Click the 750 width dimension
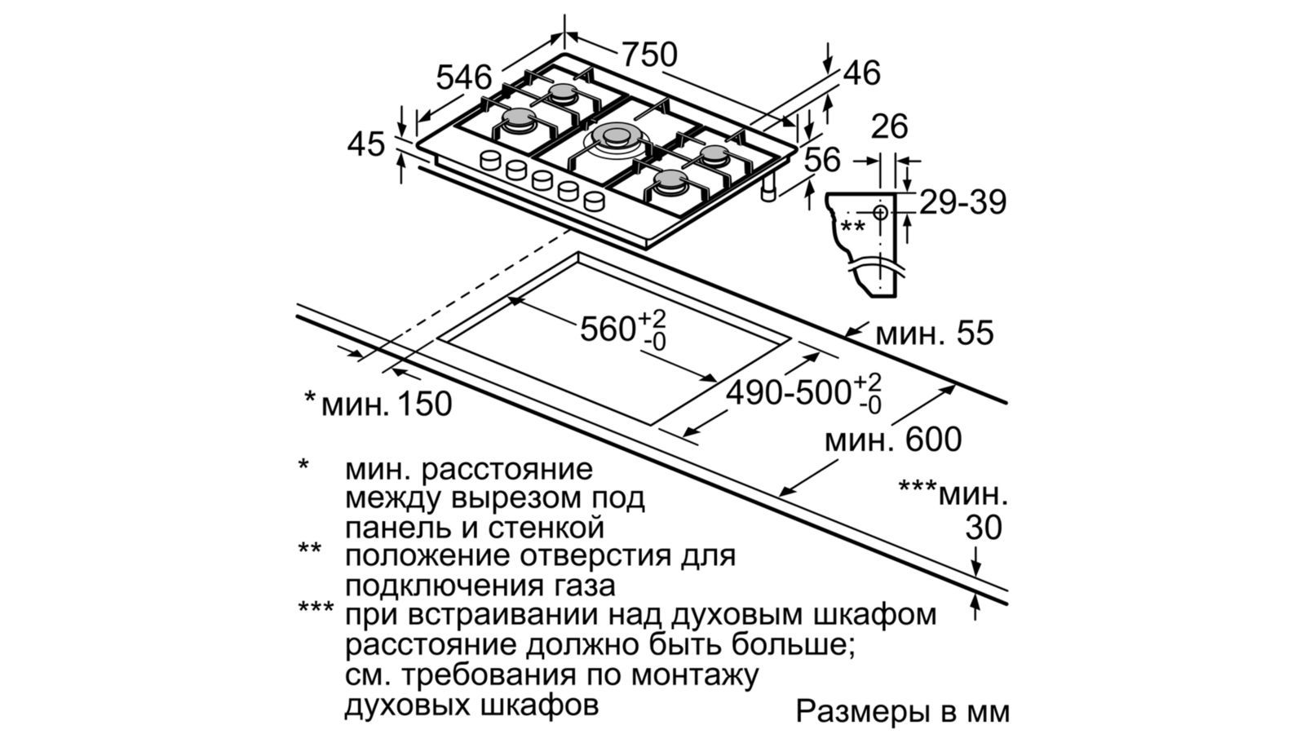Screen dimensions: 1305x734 point(649,55)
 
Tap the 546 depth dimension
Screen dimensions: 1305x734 point(464,77)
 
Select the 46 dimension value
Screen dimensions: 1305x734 point(861,73)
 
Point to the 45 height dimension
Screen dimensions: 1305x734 point(365,144)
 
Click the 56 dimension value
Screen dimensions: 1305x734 point(822,160)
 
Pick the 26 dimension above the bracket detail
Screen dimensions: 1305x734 point(889,126)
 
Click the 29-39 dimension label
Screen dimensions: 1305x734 point(963,202)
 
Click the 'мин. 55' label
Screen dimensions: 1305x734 point(934,334)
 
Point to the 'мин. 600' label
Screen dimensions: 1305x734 point(893,440)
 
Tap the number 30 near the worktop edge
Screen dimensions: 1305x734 point(984,528)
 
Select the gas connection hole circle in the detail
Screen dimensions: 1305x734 point(881,213)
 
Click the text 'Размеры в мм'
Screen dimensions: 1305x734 point(902,711)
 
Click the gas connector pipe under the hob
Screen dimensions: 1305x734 point(768,189)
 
